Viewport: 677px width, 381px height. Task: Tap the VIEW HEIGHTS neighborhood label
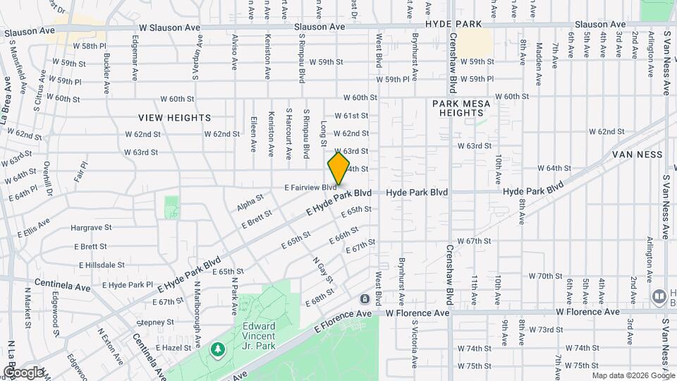pos(174,117)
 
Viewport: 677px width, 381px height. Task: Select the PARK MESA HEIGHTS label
pos(461,108)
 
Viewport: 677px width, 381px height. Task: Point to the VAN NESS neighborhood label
pos(637,154)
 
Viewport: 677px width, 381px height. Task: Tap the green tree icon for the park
pos(218,349)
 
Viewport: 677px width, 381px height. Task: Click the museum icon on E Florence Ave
pos(365,299)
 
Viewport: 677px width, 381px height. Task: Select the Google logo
pos(23,372)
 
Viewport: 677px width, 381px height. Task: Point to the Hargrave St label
pos(91,228)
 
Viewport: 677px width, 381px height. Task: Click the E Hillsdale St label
pos(102,265)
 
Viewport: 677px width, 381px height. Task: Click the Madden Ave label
pos(539,56)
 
